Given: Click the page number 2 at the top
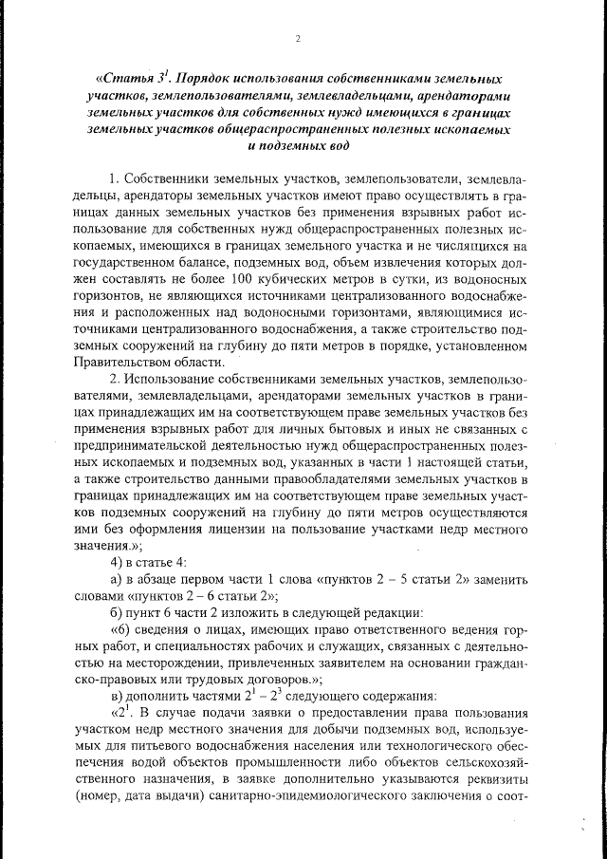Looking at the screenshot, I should point(298,39).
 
